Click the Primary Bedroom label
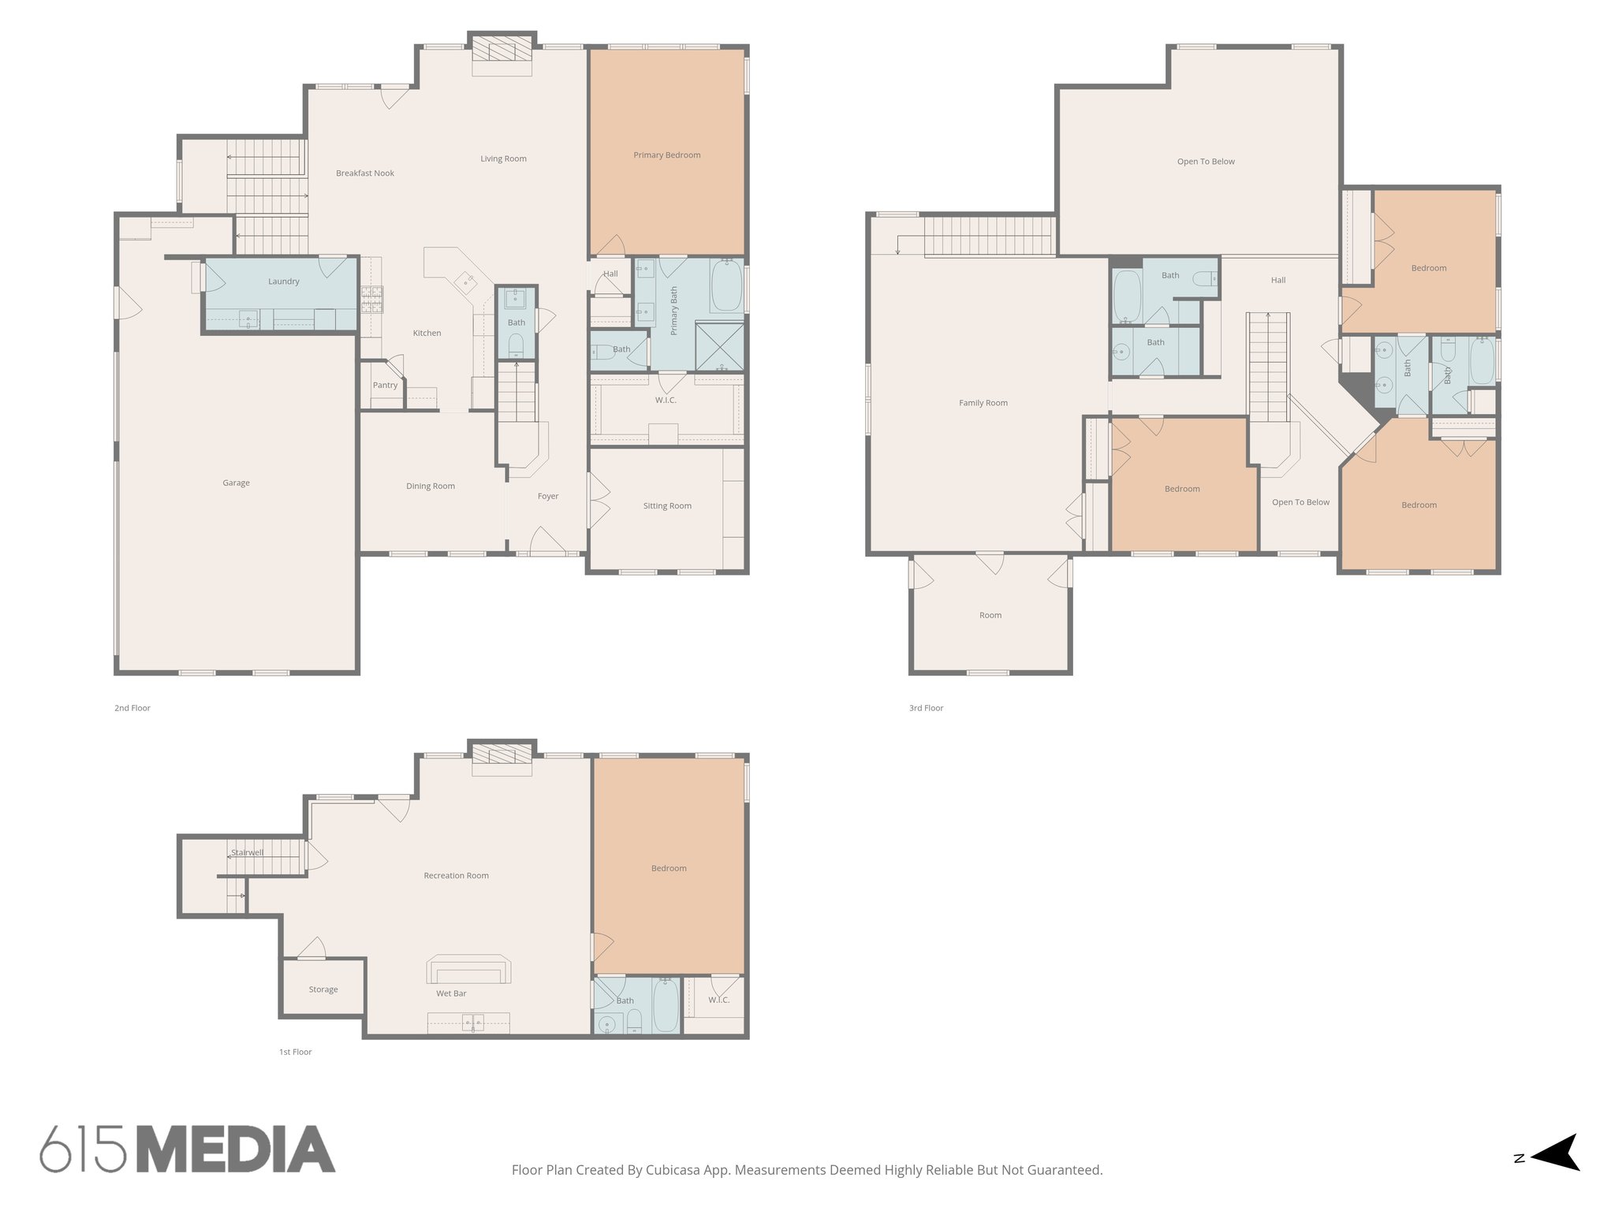tap(666, 155)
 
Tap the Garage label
tap(236, 483)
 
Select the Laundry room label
tap(283, 281)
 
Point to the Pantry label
tap(385, 386)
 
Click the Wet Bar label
tap(451, 993)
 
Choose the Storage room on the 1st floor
tap(323, 989)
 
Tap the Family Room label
tap(983, 403)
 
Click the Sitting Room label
tap(667, 506)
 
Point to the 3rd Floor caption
tap(926, 708)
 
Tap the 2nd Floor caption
tap(132, 708)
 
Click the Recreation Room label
tap(456, 876)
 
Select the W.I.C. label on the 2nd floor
tap(666, 401)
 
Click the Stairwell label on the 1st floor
tap(247, 853)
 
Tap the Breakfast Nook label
tap(364, 173)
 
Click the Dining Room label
tap(430, 486)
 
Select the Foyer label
tap(547, 497)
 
